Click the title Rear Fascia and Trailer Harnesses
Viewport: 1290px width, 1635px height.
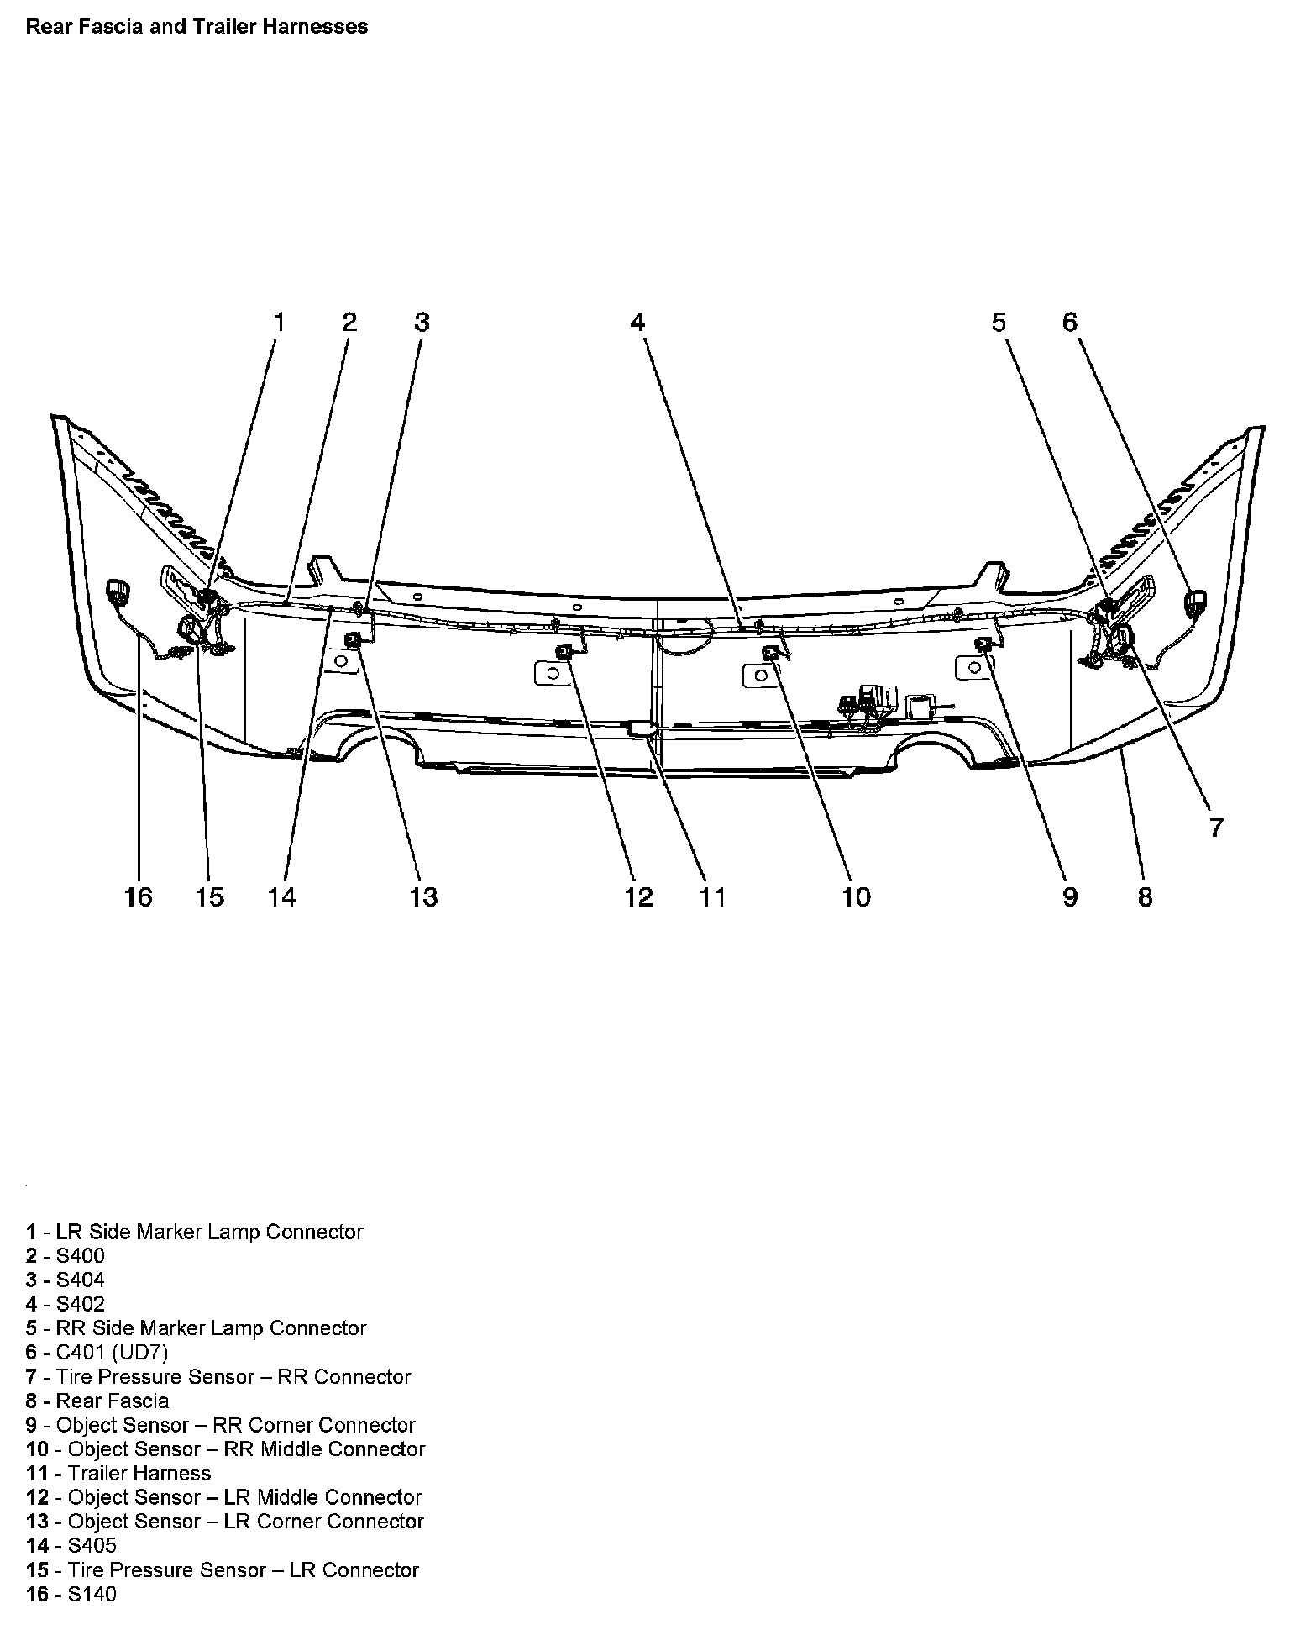tap(197, 27)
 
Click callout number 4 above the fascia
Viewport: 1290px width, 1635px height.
tap(637, 322)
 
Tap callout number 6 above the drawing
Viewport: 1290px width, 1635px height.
tap(1069, 322)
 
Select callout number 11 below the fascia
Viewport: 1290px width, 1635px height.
tap(712, 897)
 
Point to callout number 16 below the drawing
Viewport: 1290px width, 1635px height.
tap(139, 897)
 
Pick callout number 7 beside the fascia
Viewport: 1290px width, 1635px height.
tap(1216, 827)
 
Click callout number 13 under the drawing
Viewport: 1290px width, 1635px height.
tap(423, 897)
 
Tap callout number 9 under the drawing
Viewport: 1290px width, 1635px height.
tap(1069, 897)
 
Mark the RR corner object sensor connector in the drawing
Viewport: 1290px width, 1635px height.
tap(982, 644)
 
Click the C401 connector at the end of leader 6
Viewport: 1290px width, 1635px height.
tap(1194, 601)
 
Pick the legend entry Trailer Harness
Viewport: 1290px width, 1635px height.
tap(118, 1473)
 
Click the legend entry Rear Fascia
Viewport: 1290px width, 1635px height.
tap(97, 1401)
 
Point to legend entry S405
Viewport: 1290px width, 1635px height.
tap(71, 1545)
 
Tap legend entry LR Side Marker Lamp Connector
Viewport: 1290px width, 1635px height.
tap(195, 1232)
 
